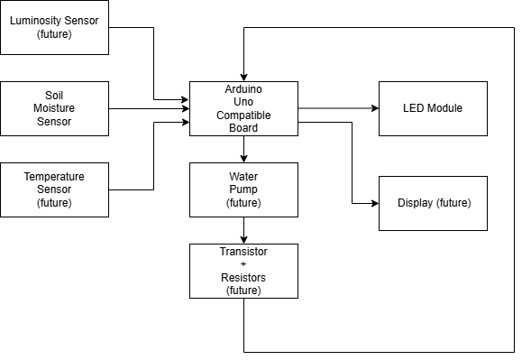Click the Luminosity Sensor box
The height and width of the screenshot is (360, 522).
54,27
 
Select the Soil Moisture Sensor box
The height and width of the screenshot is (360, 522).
54,108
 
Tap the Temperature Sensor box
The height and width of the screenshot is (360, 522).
54,189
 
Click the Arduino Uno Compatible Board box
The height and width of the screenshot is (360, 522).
243,108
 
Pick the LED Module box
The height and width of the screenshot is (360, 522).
432,108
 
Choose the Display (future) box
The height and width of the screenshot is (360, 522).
432,203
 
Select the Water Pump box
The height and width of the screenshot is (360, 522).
243,189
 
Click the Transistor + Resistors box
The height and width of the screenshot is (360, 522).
243,271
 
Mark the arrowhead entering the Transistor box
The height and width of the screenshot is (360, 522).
243,239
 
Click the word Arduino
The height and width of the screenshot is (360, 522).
243,89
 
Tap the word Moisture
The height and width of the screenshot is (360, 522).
54,108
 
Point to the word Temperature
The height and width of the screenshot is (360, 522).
54,176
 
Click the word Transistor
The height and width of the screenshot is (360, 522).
243,250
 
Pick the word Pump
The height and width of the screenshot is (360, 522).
243,189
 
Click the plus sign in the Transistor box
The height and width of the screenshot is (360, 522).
243,263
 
